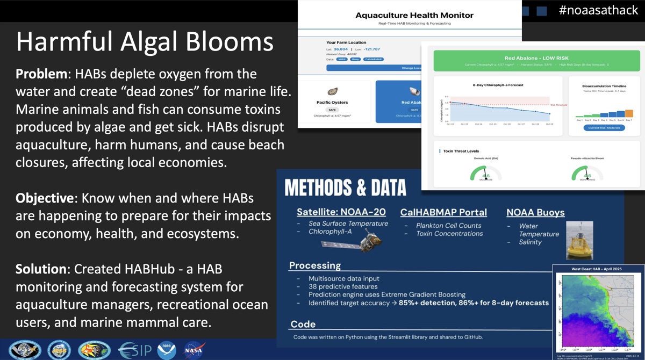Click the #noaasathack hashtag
click(598, 10)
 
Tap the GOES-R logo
click(21, 350)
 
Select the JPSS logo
click(59, 350)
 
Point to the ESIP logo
click(134, 350)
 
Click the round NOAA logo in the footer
click(167, 350)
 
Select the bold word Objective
click(44, 198)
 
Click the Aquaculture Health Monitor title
click(414, 15)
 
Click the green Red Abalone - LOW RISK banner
click(536, 61)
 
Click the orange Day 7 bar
click(629, 113)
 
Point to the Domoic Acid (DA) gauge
click(486, 173)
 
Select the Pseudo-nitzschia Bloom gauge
click(587, 173)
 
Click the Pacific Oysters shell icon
click(332, 91)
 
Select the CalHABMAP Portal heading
click(443, 212)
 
